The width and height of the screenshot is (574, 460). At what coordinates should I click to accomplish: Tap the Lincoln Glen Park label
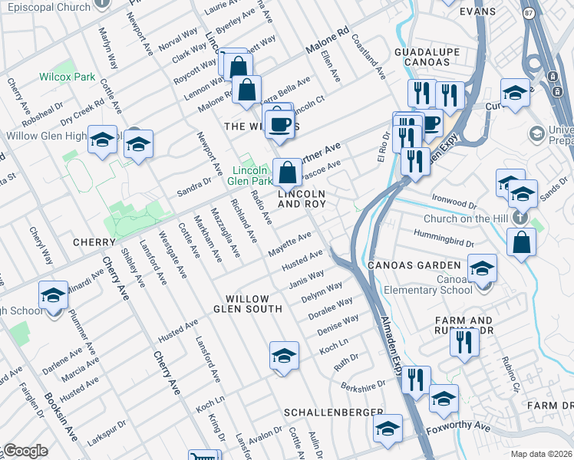tap(250, 176)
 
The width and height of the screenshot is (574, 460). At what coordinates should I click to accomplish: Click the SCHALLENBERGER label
tap(333, 412)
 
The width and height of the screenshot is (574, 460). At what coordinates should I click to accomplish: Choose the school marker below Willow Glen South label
tap(284, 356)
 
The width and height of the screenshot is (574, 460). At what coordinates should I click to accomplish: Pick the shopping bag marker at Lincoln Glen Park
tap(287, 172)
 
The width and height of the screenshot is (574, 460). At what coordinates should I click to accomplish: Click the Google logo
tap(25, 451)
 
